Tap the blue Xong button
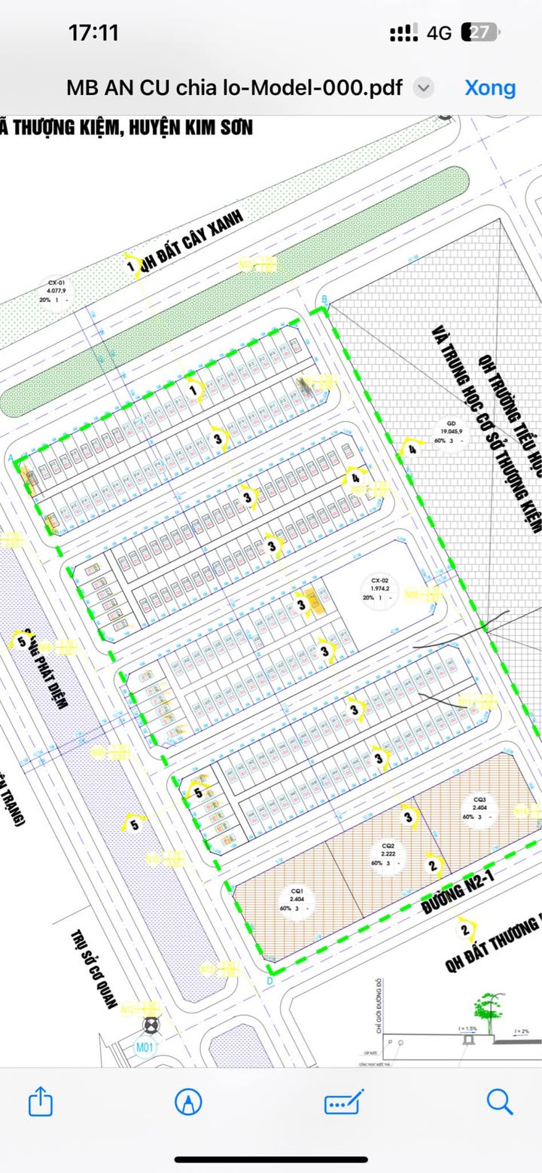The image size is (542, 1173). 490,87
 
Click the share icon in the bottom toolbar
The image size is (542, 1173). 41,1103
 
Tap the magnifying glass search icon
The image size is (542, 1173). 499,1102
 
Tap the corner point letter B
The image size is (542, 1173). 324,301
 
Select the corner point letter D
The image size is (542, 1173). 269,980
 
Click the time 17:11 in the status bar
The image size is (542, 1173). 93,32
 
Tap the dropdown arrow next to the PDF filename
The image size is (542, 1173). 424,88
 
